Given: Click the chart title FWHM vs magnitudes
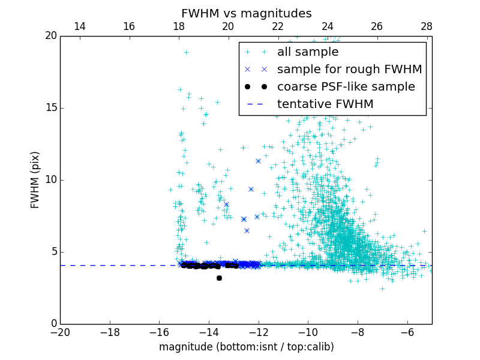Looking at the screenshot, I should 246,13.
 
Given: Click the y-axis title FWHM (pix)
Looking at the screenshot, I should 35,180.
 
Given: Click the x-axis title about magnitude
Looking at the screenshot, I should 246,347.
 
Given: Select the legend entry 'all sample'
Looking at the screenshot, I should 307,52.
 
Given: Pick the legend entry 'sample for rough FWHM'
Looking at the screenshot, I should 349,70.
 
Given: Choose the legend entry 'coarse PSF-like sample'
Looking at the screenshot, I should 346,87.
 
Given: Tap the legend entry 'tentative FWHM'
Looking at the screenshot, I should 325,104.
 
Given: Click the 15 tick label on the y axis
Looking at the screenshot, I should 50,108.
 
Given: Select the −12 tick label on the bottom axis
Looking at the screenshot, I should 258,332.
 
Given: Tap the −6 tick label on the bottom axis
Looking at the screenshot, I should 407,332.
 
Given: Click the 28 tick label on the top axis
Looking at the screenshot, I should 427,26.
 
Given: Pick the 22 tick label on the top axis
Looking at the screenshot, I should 278,26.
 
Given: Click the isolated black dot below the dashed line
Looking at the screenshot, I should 219,278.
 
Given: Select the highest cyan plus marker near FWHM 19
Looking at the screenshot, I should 186,52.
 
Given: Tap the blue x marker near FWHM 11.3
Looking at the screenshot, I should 258,161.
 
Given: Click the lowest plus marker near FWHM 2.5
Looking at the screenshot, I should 382,289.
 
